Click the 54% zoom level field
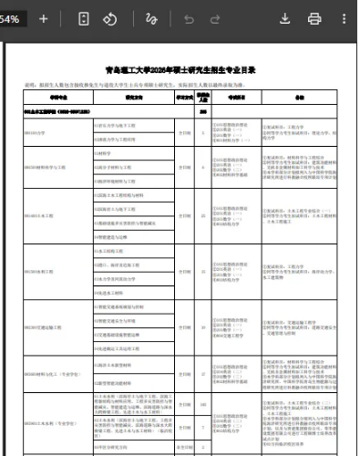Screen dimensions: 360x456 13,18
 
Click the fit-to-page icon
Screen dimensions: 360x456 85,18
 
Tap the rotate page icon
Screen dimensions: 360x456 109,18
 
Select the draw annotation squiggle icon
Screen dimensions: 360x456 152,18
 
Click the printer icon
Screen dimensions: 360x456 314,18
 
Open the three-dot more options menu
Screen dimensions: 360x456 344,18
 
